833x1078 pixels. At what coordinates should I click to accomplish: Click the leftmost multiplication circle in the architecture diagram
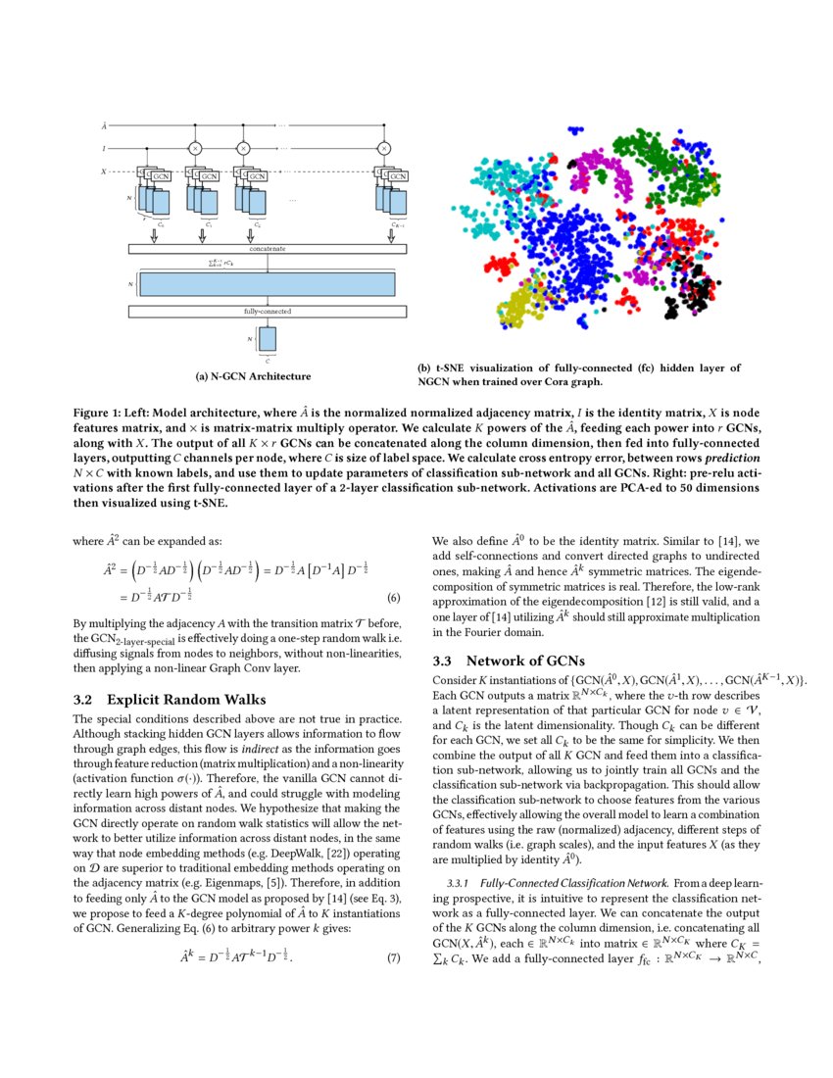195,148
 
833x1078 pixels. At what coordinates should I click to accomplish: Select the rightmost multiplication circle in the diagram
383,148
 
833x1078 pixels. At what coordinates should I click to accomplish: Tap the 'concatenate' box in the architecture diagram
267,249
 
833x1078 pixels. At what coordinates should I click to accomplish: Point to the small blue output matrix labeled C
268,339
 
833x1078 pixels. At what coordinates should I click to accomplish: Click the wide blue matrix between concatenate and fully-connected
267,283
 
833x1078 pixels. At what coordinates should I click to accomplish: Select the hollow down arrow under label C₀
156,235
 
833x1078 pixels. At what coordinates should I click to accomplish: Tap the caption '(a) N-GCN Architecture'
254,376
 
